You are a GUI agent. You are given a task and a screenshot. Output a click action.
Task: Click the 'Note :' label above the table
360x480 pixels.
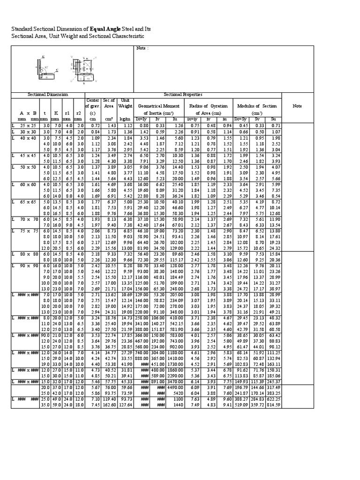click(x=142, y=48)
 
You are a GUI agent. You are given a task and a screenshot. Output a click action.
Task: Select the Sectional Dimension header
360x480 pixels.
click(x=47, y=94)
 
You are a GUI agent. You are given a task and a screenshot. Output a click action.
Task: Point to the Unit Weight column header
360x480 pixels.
click(x=125, y=103)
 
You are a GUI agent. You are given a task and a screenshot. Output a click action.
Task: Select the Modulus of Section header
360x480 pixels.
click(x=257, y=106)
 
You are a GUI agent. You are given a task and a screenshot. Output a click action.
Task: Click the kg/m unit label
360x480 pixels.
click(x=125, y=120)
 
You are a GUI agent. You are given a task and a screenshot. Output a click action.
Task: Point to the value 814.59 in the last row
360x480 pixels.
click(x=274, y=405)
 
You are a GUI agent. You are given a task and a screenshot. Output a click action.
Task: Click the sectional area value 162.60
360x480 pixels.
click(x=109, y=405)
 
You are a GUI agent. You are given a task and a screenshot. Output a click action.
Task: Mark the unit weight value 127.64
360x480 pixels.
click(x=125, y=405)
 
